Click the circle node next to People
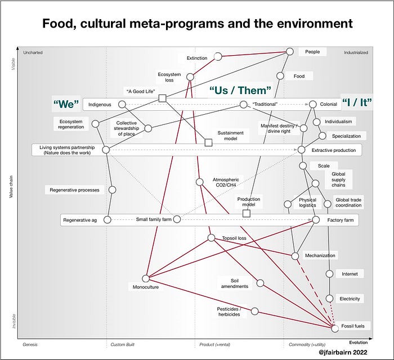[290, 51]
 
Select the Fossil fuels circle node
[336, 327]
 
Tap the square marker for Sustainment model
[208, 143]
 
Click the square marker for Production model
[246, 213]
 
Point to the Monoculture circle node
[146, 278]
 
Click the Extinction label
[196, 58]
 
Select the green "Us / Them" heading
[240, 90]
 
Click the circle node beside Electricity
[330, 298]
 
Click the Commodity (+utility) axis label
[308, 343]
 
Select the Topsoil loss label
[234, 238]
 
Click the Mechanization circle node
[295, 255]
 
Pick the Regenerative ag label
[80, 220]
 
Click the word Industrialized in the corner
[356, 52]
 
